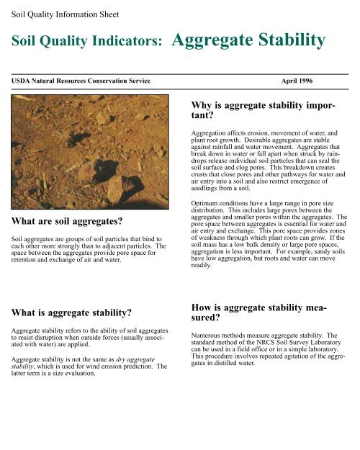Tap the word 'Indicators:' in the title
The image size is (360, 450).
click(127, 45)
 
